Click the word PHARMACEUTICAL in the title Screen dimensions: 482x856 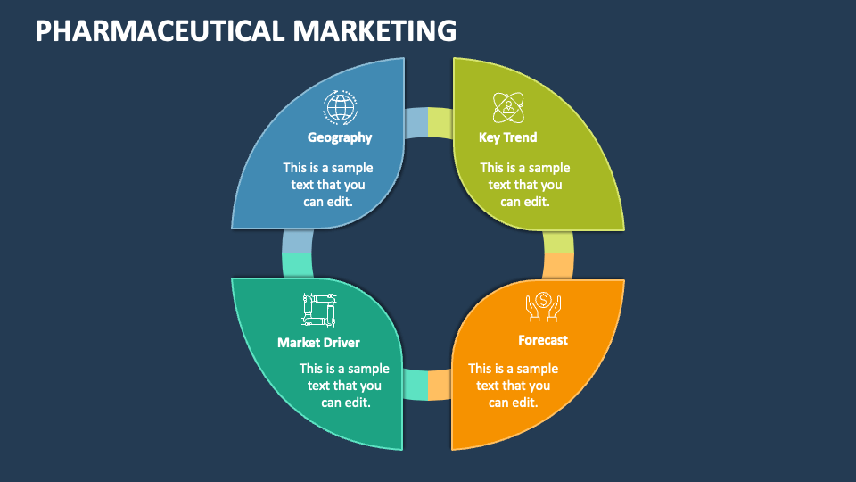[160, 30]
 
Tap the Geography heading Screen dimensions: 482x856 [340, 137]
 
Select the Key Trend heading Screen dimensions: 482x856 [507, 137]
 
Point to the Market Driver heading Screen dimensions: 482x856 [318, 342]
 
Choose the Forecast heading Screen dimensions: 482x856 [542, 340]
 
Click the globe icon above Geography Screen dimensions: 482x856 [340, 107]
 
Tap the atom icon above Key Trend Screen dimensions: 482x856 [508, 107]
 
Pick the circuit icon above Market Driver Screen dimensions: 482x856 [318, 309]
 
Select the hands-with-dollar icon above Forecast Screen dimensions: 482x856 [542, 308]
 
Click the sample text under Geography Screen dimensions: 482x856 [328, 185]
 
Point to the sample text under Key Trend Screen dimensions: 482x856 [525, 185]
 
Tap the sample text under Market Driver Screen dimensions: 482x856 [344, 386]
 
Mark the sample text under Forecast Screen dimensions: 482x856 [514, 386]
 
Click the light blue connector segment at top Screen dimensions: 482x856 [416, 123]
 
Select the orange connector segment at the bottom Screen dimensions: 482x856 [439, 385]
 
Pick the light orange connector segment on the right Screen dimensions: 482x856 [558, 266]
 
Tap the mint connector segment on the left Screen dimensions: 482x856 [297, 265]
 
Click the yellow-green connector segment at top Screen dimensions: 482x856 [440, 123]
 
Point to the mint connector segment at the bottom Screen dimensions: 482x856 [416, 385]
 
